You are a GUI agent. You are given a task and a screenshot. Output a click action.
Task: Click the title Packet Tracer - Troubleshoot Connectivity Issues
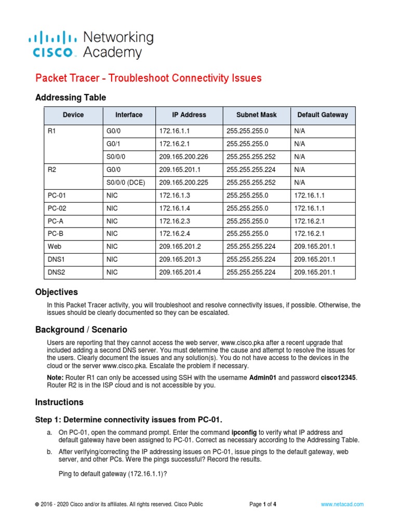tap(148, 78)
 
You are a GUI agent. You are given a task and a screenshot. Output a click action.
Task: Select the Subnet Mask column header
tap(256, 115)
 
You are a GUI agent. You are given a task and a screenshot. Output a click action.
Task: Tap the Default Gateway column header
tap(323, 115)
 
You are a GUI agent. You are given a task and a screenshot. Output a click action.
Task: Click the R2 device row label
tap(51, 170)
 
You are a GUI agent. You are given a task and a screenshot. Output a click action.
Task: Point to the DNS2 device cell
tap(56, 272)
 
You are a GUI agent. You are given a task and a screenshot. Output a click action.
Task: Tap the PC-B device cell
tap(56, 233)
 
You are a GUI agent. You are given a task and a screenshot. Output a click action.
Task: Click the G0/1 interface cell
tap(113, 144)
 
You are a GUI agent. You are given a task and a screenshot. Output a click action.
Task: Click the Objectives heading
tap(56, 292)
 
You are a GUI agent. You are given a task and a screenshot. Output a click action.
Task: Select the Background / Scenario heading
tap(81, 330)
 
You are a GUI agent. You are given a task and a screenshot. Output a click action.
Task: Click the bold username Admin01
tap(264, 378)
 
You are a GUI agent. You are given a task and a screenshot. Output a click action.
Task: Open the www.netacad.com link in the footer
tap(342, 504)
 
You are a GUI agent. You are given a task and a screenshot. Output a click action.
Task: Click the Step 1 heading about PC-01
tap(128, 420)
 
